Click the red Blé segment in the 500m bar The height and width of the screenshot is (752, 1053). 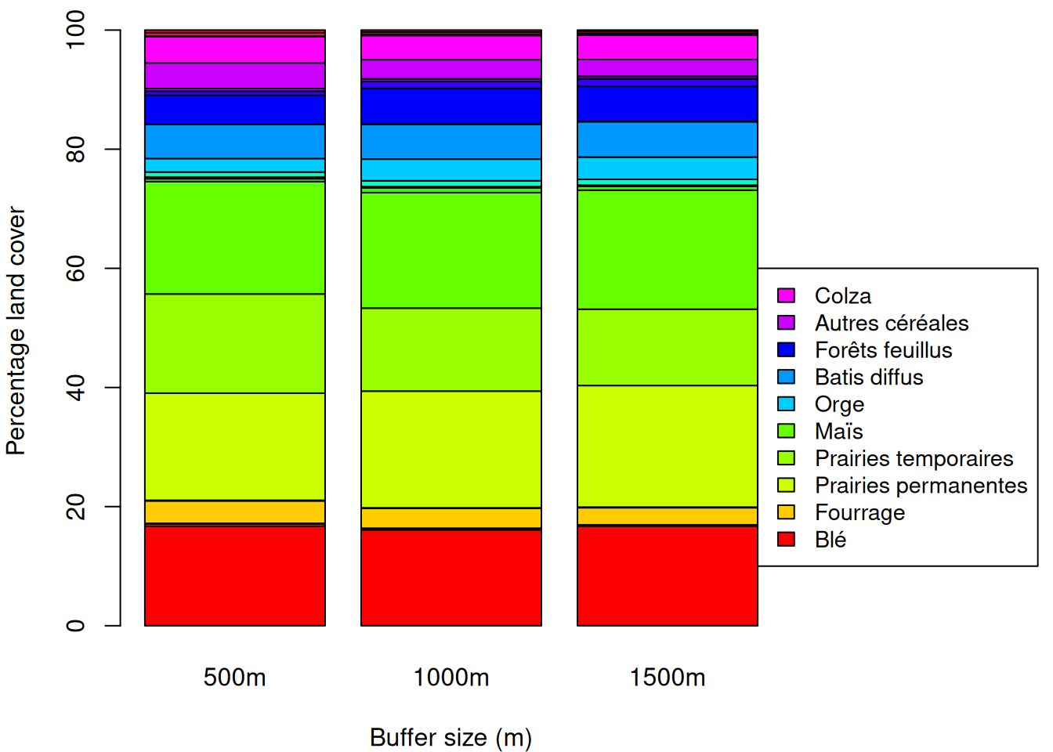pos(235,576)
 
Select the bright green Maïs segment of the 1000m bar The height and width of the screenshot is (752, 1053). pos(451,250)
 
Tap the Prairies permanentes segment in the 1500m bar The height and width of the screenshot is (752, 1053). pos(668,446)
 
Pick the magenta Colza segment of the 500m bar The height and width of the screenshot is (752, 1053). pos(235,49)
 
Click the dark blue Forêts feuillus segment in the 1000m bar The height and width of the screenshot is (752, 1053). pos(451,106)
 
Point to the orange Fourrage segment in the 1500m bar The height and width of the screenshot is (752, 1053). pos(668,515)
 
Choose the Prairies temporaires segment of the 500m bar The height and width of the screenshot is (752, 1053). pos(235,343)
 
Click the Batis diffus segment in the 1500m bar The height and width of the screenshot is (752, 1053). pos(668,139)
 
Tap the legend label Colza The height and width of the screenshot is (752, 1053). pos(842,296)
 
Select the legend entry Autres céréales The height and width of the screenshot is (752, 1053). pos(891,323)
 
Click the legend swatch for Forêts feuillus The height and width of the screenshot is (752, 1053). pos(786,349)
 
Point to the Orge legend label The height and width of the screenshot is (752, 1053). pos(839,404)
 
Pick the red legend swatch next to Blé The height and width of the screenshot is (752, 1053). pos(786,539)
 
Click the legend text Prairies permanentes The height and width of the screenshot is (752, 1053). pos(921,486)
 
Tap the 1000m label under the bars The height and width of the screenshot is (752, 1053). pos(451,677)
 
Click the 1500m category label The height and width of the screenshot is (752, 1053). pos(668,677)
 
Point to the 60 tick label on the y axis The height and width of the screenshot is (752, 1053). pos(76,269)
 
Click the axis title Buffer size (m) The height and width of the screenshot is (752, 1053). pos(451,737)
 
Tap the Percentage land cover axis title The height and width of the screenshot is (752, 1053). pos(16,331)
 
